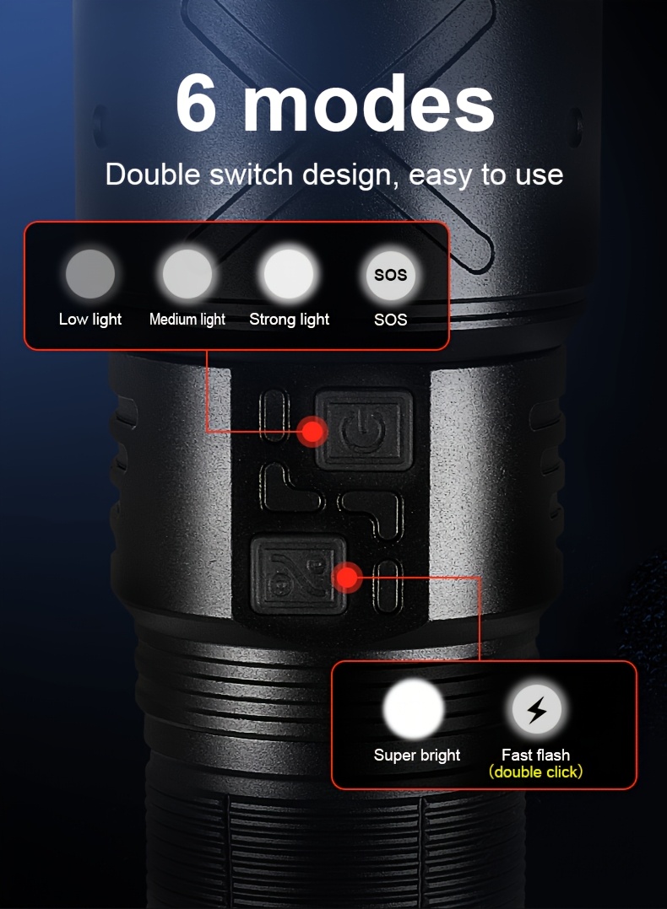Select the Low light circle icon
click(x=90, y=275)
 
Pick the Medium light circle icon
click(x=187, y=275)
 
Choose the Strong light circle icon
click(x=289, y=275)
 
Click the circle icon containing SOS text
click(x=390, y=275)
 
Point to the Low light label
click(x=90, y=320)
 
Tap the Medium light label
click(x=187, y=320)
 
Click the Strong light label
click(x=289, y=320)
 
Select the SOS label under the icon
click(x=390, y=320)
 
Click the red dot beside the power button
click(x=313, y=432)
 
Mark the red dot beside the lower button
click(x=347, y=578)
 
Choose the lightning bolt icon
click(x=536, y=711)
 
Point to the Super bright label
click(x=417, y=755)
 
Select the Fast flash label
click(x=536, y=755)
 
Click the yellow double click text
click(x=536, y=772)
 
